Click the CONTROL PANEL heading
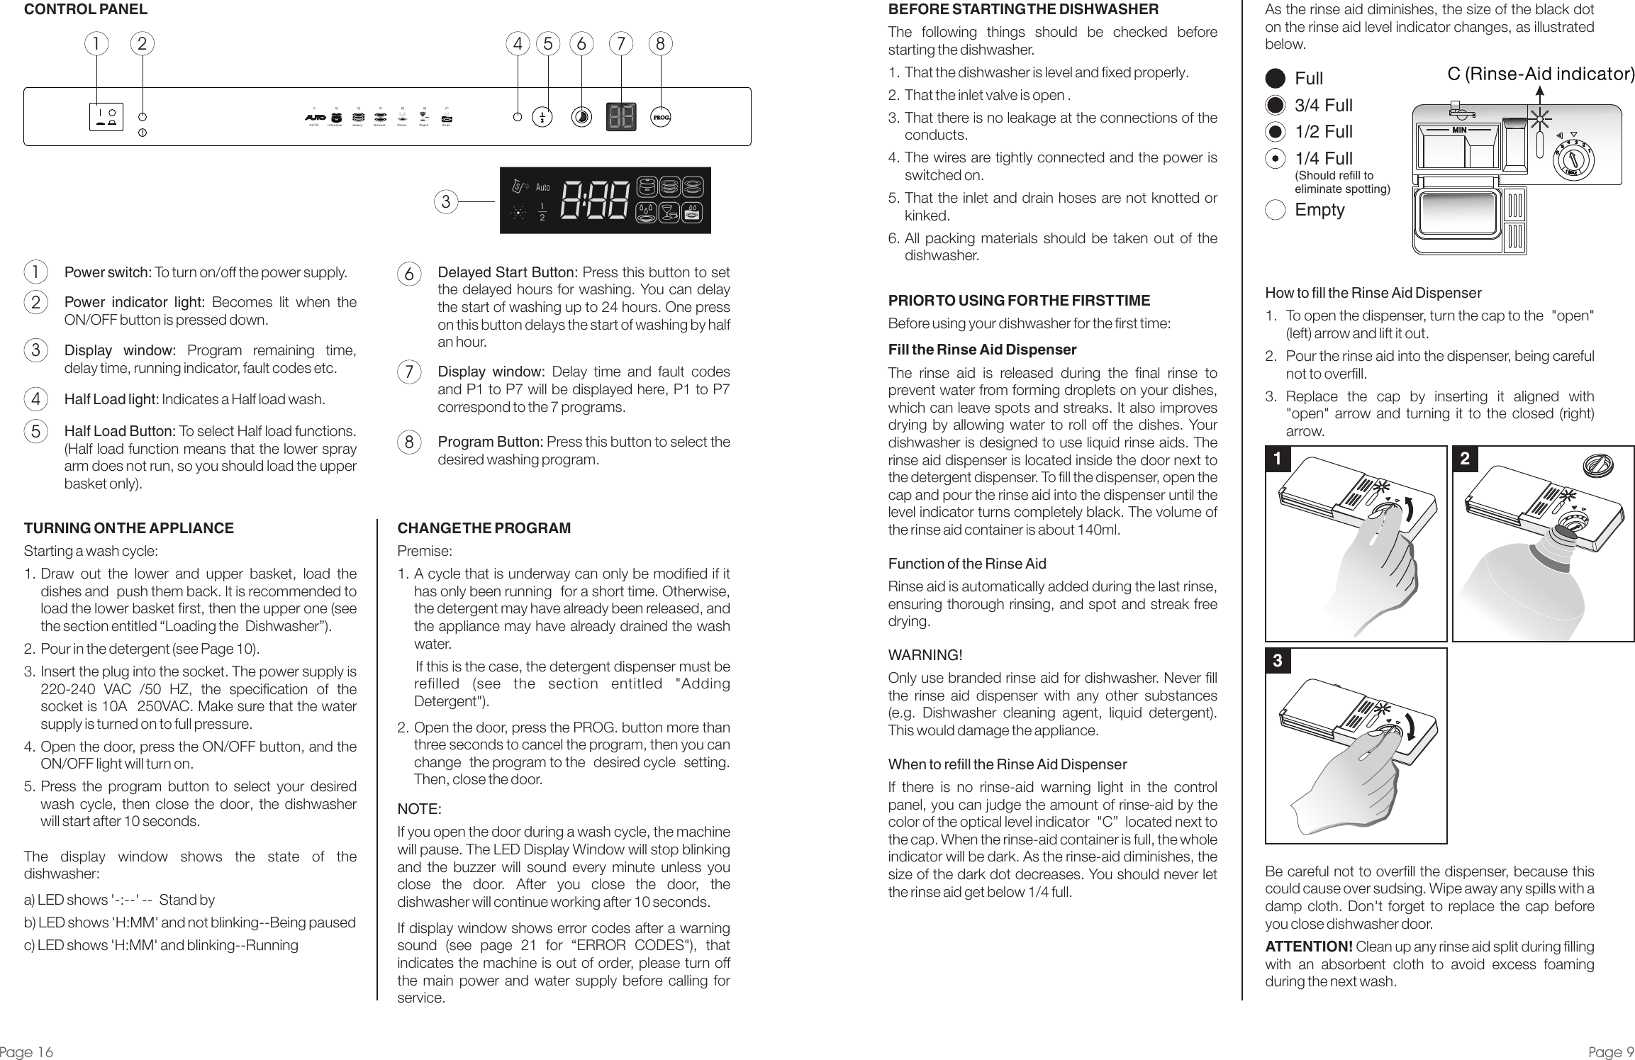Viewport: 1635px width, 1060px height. tap(86, 9)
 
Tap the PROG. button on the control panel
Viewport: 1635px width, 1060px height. tap(660, 117)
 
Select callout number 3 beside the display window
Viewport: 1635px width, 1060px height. tap(445, 202)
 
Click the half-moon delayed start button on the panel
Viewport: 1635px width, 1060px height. tap(582, 117)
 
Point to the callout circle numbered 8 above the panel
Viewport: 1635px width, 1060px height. tap(660, 44)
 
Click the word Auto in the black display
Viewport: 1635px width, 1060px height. tap(542, 188)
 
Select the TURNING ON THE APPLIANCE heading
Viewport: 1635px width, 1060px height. tap(128, 528)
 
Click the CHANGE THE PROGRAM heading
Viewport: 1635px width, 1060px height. tap(484, 528)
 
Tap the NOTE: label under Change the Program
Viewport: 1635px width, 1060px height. tap(419, 810)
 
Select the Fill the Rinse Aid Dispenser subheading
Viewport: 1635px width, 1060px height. tap(982, 350)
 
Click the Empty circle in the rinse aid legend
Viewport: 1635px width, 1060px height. tap(1275, 211)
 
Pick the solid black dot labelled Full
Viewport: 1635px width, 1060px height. tap(1276, 78)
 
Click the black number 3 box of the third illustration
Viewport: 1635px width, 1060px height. tap(1277, 662)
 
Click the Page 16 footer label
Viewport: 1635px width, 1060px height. tap(27, 1051)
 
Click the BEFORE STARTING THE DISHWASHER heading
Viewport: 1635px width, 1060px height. tap(1023, 9)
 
